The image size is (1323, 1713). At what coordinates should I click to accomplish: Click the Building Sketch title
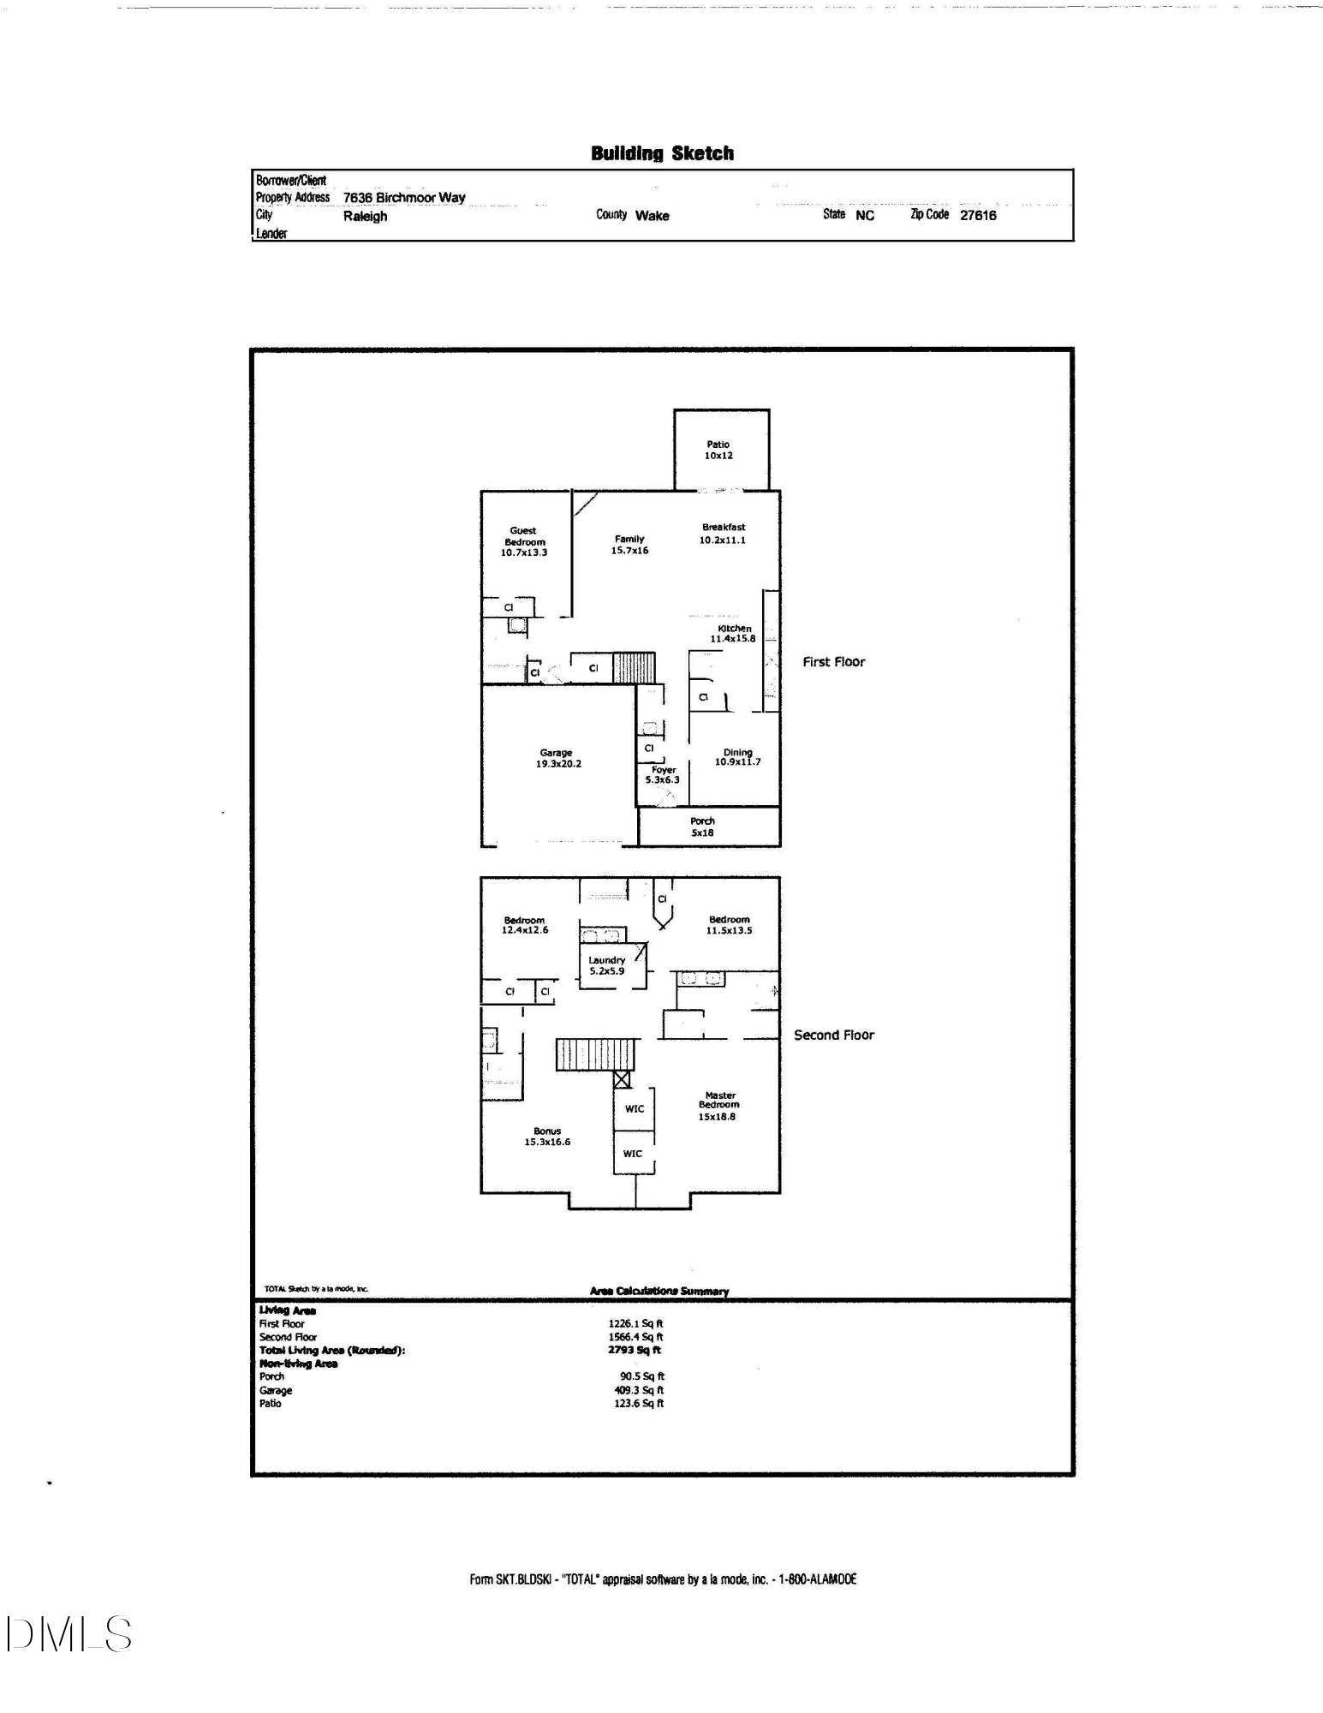(662, 153)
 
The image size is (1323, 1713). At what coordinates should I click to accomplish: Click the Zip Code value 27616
(978, 216)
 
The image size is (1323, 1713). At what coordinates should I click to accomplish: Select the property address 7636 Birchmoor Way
(404, 198)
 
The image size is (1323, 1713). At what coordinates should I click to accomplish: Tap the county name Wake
(652, 216)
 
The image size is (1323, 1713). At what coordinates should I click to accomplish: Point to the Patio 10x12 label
(719, 450)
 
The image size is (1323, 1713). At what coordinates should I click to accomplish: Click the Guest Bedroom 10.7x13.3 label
(524, 541)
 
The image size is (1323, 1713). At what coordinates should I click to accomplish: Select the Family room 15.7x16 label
(629, 545)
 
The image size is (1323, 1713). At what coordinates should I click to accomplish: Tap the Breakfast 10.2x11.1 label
(724, 534)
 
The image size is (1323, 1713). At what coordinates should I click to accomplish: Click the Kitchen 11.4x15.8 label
(734, 633)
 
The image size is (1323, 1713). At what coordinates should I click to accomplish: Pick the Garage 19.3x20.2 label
(558, 758)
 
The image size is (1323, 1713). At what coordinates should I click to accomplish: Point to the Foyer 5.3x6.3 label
(663, 775)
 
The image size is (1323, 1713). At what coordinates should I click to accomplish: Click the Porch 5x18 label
(702, 827)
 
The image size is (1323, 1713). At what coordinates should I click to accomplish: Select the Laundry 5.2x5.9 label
(606, 965)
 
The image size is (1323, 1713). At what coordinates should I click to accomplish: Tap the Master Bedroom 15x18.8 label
(718, 1106)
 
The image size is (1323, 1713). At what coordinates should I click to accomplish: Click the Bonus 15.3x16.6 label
(547, 1137)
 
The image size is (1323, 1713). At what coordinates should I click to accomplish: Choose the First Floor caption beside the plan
(834, 662)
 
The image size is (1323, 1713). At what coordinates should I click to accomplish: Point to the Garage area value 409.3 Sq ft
(639, 1390)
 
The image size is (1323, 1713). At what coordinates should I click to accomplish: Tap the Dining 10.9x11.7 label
(738, 757)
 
